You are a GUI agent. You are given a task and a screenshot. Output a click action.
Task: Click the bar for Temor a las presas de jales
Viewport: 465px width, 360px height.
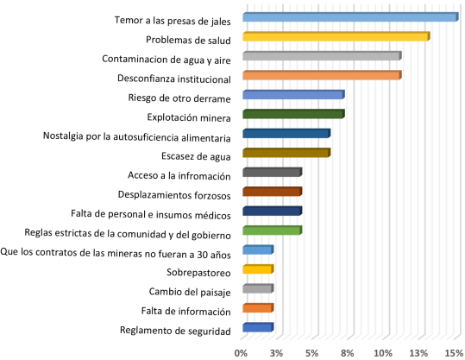click(x=349, y=17)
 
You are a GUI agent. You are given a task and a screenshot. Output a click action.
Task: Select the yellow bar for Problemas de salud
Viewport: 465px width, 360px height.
click(x=336, y=36)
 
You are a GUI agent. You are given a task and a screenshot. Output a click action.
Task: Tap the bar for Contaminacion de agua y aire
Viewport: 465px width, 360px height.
click(x=322, y=56)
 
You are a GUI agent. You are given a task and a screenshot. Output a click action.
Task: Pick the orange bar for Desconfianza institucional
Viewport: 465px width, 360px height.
click(x=322, y=75)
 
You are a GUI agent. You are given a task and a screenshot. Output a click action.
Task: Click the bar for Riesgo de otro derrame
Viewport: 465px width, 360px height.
click(x=293, y=95)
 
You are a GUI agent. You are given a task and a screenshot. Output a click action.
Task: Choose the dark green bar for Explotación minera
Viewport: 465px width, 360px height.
click(x=293, y=114)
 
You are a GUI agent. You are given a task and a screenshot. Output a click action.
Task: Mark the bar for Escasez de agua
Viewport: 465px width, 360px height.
click(x=286, y=153)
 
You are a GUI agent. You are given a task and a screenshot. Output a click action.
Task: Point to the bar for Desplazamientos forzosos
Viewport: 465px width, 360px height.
click(x=272, y=192)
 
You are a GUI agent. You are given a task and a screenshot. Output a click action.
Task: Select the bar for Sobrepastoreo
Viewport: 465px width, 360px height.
click(x=258, y=269)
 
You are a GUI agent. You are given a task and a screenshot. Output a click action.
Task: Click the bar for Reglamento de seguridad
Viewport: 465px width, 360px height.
click(x=258, y=327)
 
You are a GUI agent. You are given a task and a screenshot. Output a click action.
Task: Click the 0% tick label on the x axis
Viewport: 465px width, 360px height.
click(x=242, y=352)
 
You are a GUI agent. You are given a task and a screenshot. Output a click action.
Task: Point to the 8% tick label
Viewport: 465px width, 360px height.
click(x=348, y=352)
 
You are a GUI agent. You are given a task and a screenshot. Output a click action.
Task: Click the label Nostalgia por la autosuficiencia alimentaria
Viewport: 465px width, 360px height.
click(x=137, y=137)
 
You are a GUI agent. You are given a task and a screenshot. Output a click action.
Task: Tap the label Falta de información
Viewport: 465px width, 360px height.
click(x=185, y=311)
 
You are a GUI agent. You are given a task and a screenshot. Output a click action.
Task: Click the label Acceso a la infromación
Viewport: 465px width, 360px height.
click(x=179, y=176)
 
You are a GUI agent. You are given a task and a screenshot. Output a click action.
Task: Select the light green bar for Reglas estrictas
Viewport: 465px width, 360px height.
click(x=272, y=231)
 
